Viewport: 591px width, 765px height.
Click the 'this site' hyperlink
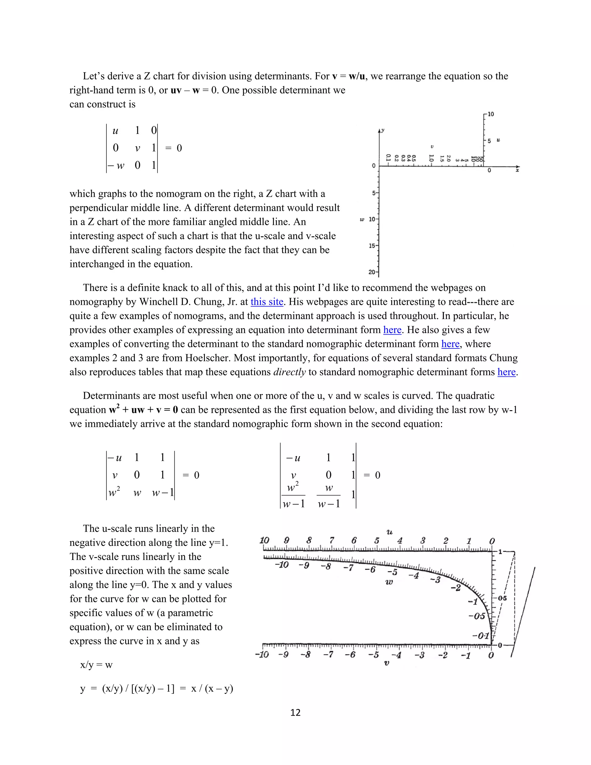click(x=267, y=302)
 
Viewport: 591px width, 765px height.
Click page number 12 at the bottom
click(x=295, y=712)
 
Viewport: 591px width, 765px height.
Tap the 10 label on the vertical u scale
click(x=491, y=114)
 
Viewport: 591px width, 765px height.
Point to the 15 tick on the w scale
click(x=373, y=246)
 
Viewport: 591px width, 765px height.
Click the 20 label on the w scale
click(x=373, y=272)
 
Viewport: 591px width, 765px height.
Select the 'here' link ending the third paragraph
click(x=506, y=372)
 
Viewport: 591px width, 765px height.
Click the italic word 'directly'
click(x=289, y=372)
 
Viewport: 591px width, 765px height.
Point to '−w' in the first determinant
click(x=116, y=165)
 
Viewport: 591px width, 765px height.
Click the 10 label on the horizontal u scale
click(x=264, y=540)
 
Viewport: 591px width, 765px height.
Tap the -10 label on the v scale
click(x=262, y=655)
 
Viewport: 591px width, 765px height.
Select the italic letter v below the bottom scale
click(x=386, y=663)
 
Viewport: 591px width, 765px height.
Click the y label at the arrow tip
click(x=383, y=130)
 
